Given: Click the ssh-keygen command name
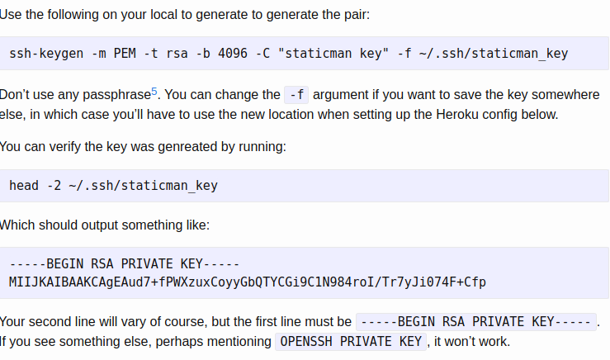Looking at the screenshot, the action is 42,54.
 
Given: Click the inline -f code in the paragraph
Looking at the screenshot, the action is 295,95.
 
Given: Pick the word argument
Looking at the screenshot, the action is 341,95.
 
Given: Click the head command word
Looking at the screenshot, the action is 24,185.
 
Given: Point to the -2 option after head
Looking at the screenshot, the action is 53,185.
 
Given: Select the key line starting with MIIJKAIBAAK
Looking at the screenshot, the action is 248,282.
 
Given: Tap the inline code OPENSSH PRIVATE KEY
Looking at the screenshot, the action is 351,341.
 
